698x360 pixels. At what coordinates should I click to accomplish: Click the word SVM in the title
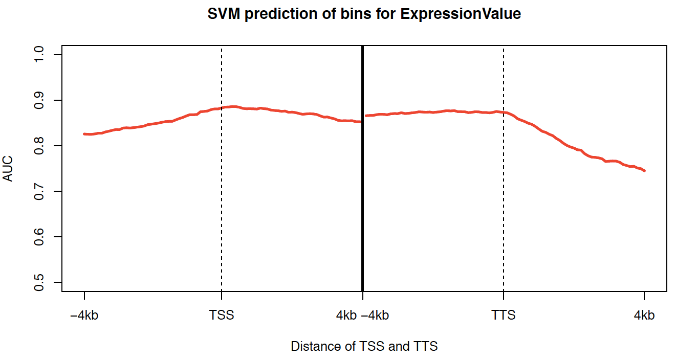pos(224,14)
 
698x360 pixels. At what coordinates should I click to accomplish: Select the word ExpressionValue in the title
pos(461,14)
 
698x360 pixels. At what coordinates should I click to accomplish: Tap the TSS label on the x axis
pos(222,316)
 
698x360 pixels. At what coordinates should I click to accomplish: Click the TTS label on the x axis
pos(504,316)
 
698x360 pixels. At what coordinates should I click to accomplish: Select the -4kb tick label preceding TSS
pos(84,316)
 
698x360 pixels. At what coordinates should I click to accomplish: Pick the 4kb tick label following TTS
pos(644,316)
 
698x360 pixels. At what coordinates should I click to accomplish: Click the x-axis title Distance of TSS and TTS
pos(364,347)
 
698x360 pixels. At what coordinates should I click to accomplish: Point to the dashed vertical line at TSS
pos(222,205)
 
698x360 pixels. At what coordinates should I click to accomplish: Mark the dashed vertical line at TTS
pos(504,205)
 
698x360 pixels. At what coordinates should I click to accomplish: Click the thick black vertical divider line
pos(363,205)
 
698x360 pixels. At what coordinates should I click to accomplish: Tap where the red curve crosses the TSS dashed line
pos(222,108)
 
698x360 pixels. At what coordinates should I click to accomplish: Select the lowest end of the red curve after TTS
pos(644,170)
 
